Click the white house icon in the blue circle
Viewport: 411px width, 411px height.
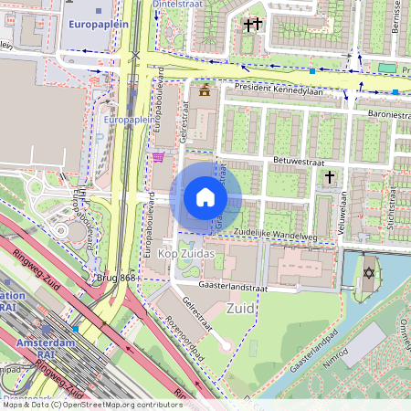tap(205, 197)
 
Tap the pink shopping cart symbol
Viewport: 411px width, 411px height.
tap(158, 157)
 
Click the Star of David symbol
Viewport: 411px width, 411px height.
tap(368, 273)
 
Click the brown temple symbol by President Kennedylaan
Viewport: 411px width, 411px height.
tap(204, 90)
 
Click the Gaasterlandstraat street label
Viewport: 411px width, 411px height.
tap(267, 285)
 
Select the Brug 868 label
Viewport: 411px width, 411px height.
tap(116, 277)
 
